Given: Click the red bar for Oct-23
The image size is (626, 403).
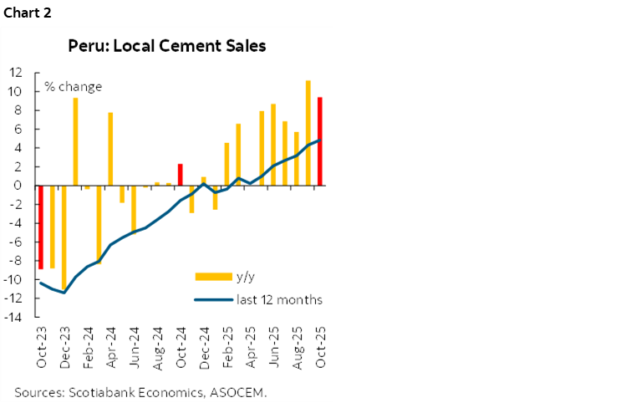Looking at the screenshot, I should tap(40, 227).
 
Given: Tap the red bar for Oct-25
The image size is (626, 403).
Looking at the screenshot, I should tap(319, 141).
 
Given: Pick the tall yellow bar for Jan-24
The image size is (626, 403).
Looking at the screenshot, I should tap(75, 141).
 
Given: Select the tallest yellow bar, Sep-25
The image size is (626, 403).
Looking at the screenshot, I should tap(308, 133).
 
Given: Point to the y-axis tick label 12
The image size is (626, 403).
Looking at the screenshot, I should tap(15, 73).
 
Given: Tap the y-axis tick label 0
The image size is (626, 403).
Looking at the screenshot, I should tap(18, 186).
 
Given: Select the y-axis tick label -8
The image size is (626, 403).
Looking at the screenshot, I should tap(15, 261).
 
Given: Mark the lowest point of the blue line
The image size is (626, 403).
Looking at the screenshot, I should tap(64, 293).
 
